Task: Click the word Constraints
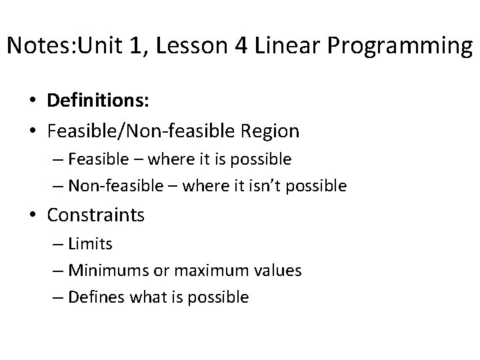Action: pyautogui.click(x=96, y=215)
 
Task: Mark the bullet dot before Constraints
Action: pyautogui.click(x=32, y=216)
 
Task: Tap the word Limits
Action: pyautogui.click(x=91, y=244)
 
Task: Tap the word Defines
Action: pyautogui.click(x=97, y=297)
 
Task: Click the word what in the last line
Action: pyautogui.click(x=149, y=297)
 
